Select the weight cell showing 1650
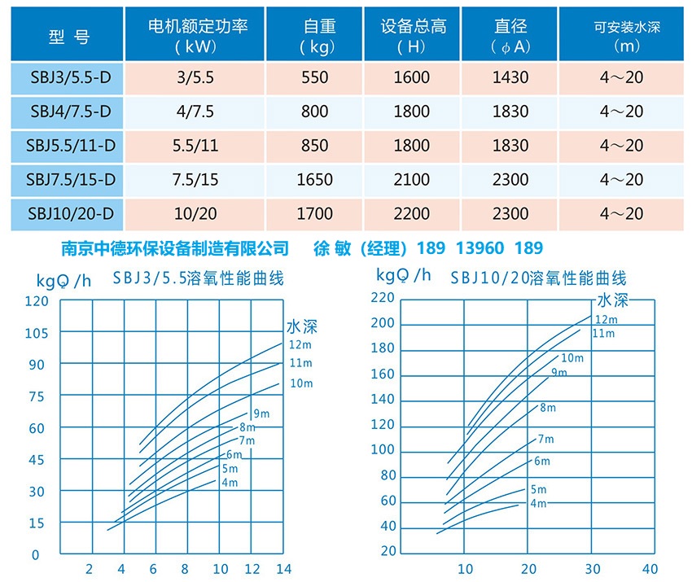(x=315, y=180)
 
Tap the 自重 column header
(x=315, y=37)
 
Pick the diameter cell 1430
(x=510, y=78)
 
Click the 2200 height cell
(x=412, y=214)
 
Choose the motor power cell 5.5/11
(x=196, y=146)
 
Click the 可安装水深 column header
(x=626, y=37)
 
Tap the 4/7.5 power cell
(x=196, y=112)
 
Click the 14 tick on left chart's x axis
(x=282, y=569)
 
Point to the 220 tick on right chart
(x=383, y=298)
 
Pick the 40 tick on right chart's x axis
(x=649, y=569)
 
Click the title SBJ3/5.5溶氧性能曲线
(x=199, y=278)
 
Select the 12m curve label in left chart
(x=300, y=344)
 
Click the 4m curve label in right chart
(x=538, y=503)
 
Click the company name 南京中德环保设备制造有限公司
(x=176, y=247)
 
